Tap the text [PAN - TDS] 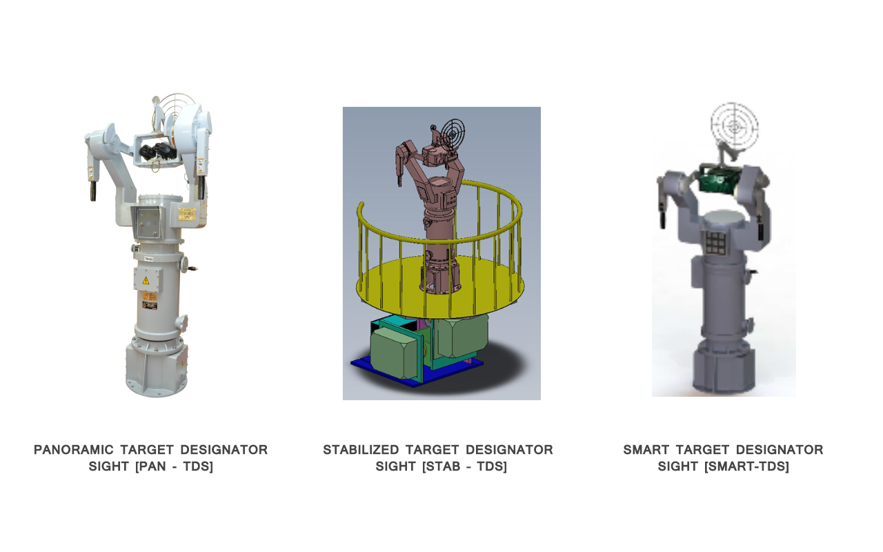[175, 466]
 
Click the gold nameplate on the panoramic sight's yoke [188, 214]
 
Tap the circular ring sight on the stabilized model [452, 130]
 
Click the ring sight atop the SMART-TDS [734, 125]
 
